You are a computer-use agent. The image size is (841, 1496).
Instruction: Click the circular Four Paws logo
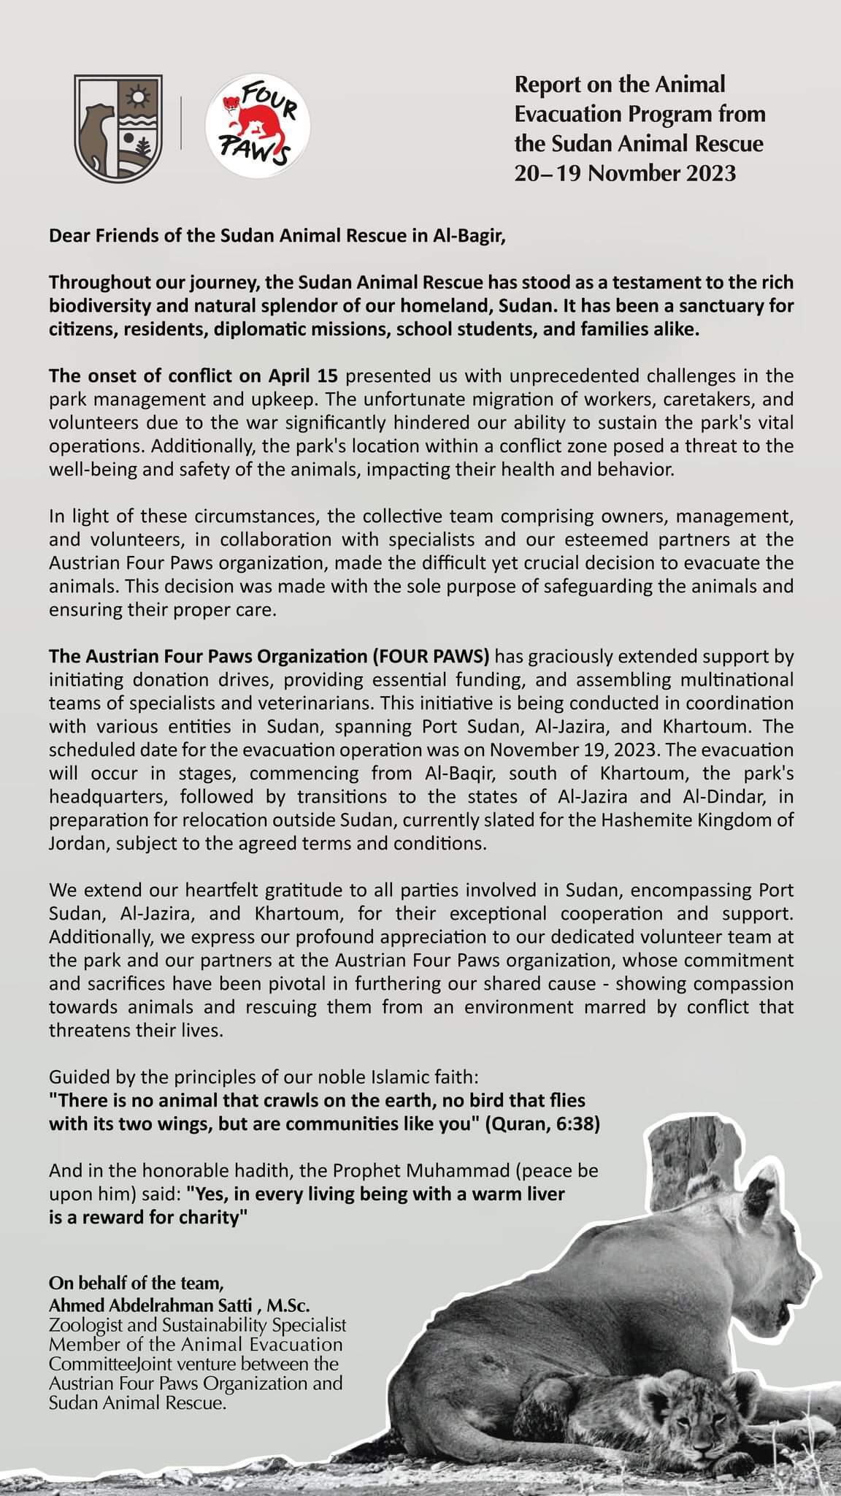257,124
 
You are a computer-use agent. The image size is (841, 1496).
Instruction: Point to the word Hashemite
640,820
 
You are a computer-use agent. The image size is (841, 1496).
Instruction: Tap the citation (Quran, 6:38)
542,1123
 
